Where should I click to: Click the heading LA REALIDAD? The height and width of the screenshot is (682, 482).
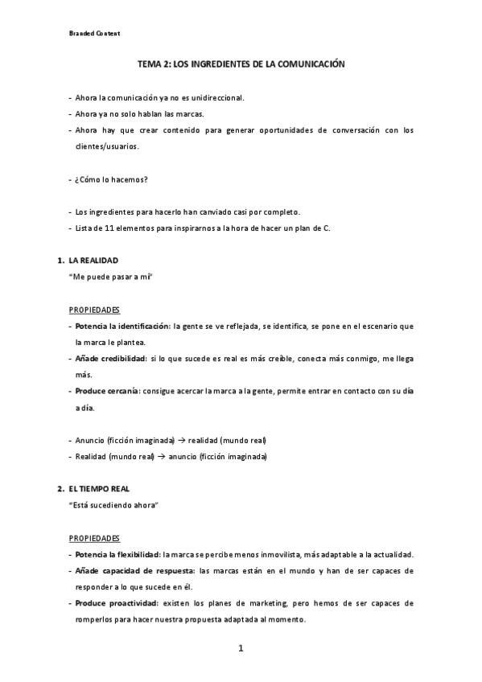click(x=93, y=261)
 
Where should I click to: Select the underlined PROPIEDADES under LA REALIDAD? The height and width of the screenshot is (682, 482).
click(x=94, y=310)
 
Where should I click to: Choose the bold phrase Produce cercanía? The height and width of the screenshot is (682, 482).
click(x=108, y=391)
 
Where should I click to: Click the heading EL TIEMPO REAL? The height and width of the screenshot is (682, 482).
click(x=100, y=489)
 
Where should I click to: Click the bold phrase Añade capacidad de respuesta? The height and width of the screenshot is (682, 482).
click(x=134, y=570)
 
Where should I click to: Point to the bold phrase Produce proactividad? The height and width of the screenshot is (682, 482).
click(x=115, y=602)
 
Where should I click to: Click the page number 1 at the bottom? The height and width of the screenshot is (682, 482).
click(x=240, y=649)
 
